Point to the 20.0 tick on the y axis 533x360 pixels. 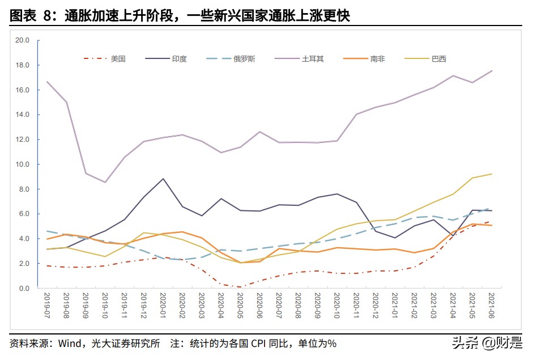pyautogui.click(x=23, y=40)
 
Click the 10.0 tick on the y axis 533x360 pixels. pyautogui.click(x=23, y=164)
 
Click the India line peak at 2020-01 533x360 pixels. pyautogui.click(x=163, y=179)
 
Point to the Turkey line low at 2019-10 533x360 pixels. pyautogui.click(x=105, y=183)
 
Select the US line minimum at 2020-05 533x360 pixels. pyautogui.click(x=240, y=287)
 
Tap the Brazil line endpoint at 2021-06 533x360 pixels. pyautogui.click(x=492, y=174)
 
